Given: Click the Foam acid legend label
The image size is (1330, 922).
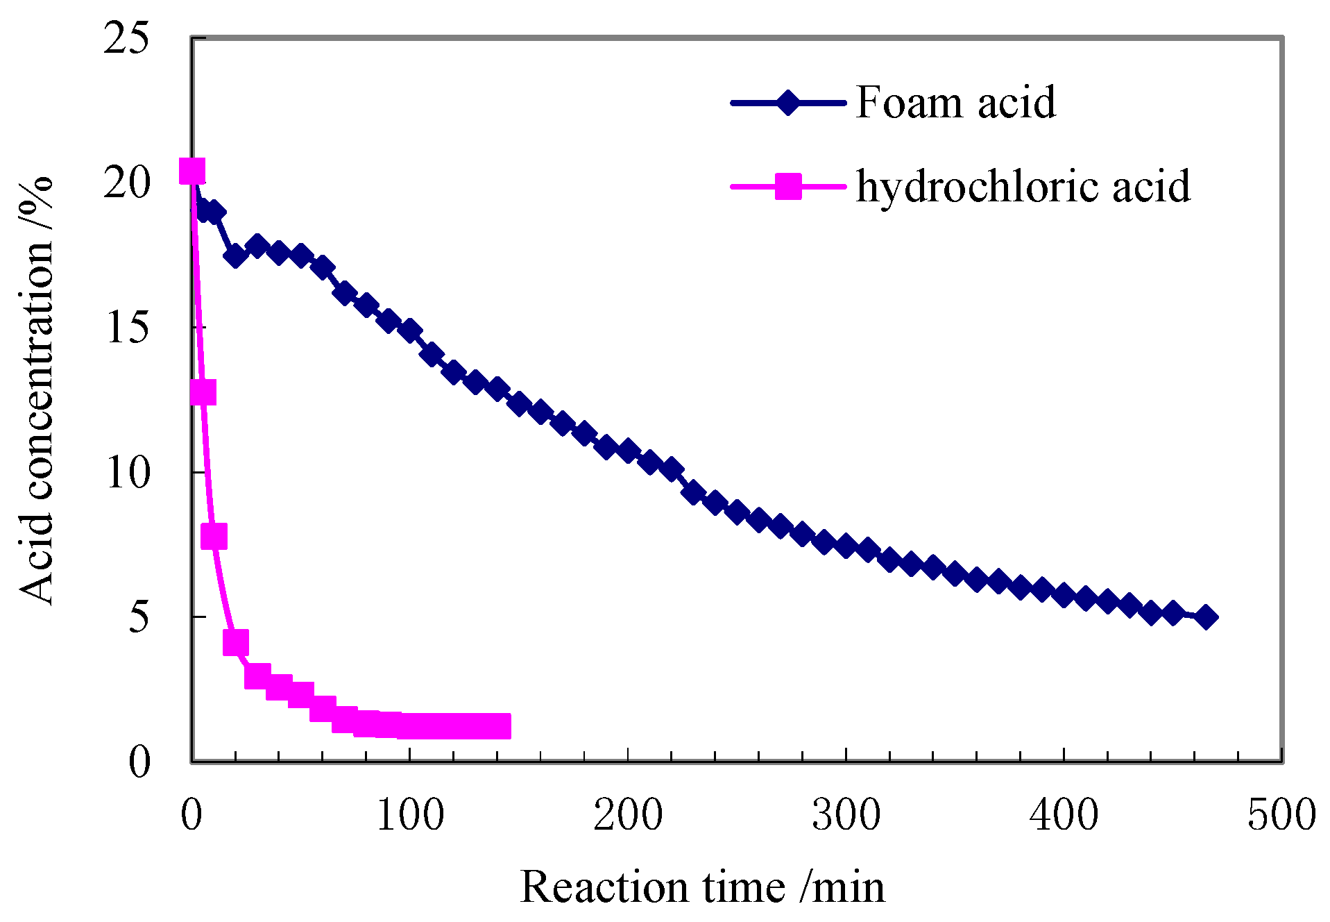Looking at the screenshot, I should (955, 103).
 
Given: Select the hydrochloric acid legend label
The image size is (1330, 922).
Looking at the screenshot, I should (1023, 186).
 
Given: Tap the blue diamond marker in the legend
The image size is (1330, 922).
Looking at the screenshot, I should (787, 103).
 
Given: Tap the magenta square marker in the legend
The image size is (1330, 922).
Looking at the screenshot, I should (787, 186).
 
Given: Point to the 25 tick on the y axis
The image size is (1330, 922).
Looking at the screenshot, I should (126, 39).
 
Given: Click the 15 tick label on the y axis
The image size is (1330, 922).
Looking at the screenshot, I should (126, 328).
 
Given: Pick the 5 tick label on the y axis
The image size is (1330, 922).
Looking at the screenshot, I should (138, 617).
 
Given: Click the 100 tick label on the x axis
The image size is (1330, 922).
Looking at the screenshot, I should (409, 814).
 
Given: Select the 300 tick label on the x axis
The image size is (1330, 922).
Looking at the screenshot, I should (846, 814).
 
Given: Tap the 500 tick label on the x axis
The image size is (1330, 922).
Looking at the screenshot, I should (1281, 814).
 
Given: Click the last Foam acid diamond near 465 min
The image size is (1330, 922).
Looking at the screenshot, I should (1206, 617).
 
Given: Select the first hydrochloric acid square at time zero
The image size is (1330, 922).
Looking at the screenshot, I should (192, 171).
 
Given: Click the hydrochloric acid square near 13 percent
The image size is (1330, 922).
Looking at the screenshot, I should (203, 393).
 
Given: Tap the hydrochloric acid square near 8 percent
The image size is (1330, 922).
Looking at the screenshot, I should (214, 536).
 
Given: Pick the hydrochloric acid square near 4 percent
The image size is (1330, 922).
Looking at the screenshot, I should (235, 643).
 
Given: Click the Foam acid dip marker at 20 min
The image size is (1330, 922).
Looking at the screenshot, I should (235, 255).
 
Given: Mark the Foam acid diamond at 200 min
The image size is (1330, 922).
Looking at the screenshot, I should (627, 451).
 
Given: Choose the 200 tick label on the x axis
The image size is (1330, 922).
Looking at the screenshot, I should (627, 814).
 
